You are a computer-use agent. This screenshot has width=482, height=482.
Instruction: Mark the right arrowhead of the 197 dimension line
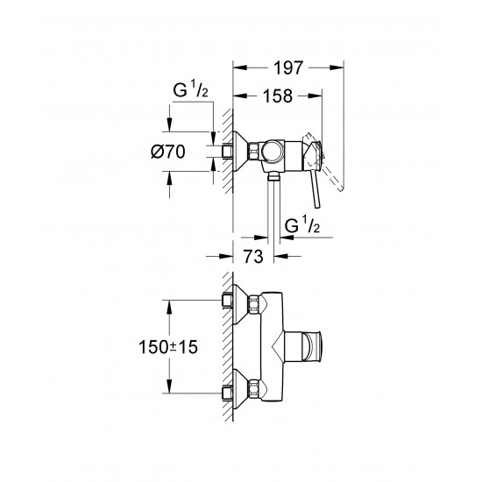click(x=338, y=66)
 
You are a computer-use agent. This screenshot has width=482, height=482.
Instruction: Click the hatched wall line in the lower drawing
click(x=228, y=346)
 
